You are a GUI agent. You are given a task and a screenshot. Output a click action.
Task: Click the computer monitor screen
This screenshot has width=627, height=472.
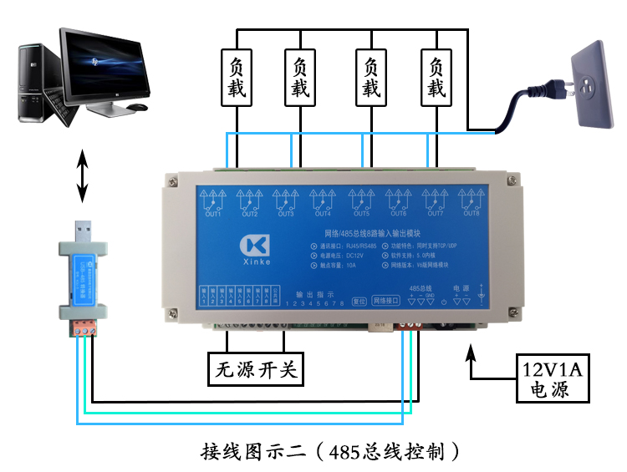(x=104, y=63)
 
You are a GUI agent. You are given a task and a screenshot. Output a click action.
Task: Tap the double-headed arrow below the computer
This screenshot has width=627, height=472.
(x=82, y=175)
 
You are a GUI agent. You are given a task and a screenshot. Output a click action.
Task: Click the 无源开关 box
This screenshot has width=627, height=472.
(x=256, y=368)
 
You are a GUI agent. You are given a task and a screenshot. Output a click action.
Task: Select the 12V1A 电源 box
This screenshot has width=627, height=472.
(x=549, y=378)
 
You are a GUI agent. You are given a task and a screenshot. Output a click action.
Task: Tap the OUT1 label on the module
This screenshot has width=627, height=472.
(x=212, y=214)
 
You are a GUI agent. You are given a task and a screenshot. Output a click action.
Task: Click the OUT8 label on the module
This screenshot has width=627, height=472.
(x=472, y=214)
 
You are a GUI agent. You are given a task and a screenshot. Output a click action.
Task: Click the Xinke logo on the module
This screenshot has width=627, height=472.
(x=254, y=248)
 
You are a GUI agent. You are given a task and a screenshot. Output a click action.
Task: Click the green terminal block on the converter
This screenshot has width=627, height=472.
(x=83, y=327)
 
